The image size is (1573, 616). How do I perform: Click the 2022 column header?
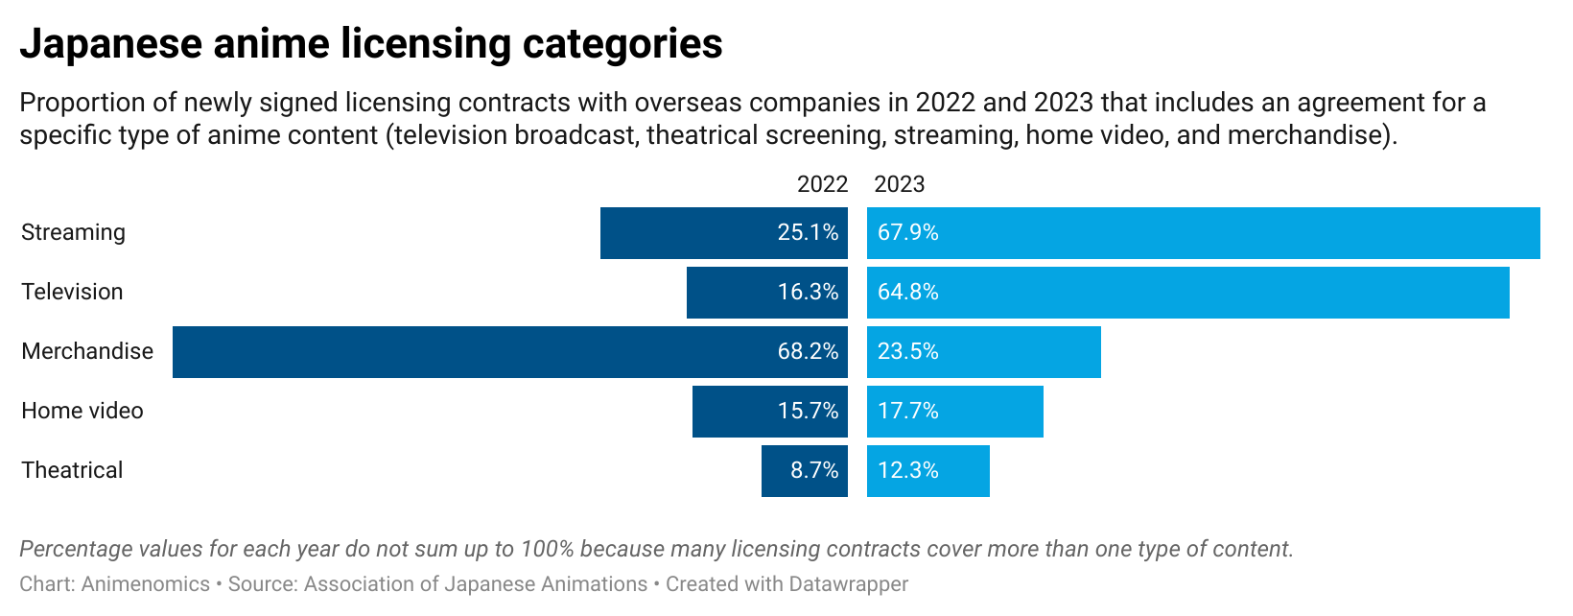(x=822, y=184)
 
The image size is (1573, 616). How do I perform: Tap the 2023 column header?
(x=900, y=184)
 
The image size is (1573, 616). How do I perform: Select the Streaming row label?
(x=73, y=233)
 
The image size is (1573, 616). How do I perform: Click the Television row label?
(x=72, y=292)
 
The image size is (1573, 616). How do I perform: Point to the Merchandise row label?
(x=87, y=351)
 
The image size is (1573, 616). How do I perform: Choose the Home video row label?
(x=82, y=411)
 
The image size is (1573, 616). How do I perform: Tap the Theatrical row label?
(x=72, y=470)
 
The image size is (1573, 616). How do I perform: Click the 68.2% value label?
(x=808, y=351)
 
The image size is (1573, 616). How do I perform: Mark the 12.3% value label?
(x=907, y=470)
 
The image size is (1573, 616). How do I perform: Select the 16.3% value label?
(x=808, y=292)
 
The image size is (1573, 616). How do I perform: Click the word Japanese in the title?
(x=111, y=44)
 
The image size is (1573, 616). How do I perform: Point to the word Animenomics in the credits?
(x=146, y=584)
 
